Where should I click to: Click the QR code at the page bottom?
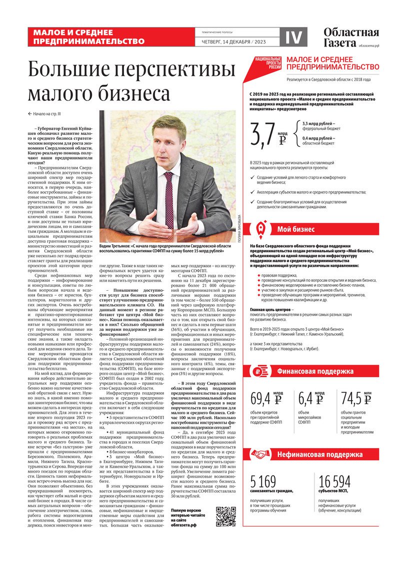[x=225, y=517]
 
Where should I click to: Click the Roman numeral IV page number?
[x=292, y=36]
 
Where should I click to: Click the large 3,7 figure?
[x=262, y=134]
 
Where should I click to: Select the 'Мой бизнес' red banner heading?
[x=296, y=229]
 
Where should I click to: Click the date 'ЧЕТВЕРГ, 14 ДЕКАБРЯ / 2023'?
[x=237, y=41]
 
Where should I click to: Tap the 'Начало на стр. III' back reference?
[x=50, y=114]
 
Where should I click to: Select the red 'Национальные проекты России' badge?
[x=268, y=65]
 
